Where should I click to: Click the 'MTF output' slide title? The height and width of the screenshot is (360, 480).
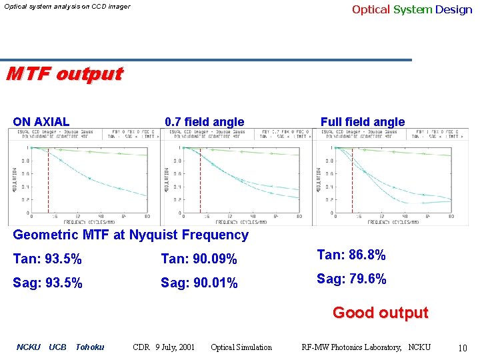point(64,74)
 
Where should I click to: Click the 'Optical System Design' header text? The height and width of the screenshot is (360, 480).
point(411,9)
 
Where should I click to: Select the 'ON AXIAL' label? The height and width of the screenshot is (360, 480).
point(41,122)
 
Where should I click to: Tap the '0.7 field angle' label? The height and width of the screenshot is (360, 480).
point(204,122)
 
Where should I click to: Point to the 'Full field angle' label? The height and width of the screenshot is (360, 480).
point(362,122)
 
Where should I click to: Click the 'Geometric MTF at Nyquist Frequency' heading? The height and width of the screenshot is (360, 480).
point(131,235)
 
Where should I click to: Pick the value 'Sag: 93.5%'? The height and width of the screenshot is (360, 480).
point(47,283)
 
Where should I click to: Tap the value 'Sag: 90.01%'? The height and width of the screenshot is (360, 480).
point(199,283)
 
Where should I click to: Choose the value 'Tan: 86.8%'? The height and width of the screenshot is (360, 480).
point(351,255)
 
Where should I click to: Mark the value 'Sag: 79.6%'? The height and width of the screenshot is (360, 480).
point(351,279)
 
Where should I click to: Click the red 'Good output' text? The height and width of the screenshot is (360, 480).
point(380,313)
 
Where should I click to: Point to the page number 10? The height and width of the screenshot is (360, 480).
point(463,347)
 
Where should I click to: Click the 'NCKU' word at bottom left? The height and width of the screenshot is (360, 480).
point(28,347)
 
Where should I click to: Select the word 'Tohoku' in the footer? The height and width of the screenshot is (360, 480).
point(90,347)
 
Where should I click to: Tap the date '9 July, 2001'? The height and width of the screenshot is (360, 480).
point(175,347)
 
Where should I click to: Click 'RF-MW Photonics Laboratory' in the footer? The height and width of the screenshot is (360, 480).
point(349,347)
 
